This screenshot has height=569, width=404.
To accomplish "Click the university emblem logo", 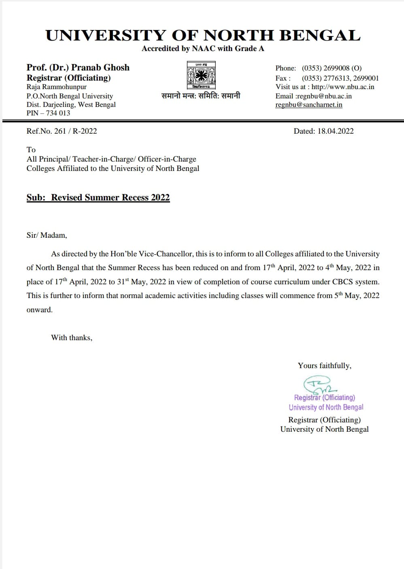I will (201, 75).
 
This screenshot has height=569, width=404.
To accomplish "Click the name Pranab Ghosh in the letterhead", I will (100, 68).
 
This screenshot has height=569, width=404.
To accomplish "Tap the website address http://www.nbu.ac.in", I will (343, 87).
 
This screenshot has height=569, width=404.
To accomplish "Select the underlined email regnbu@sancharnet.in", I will (308, 104).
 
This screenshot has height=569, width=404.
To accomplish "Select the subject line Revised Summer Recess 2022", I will (110, 198).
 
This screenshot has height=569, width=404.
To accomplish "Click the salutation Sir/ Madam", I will (47, 235).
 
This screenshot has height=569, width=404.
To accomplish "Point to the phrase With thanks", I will (71, 337).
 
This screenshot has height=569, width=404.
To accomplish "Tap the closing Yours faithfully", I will (324, 365).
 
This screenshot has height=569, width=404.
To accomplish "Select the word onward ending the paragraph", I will (39, 309).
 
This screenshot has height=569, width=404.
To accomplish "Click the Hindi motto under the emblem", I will (201, 96).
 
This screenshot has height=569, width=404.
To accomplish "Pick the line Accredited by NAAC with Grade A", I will (203, 49).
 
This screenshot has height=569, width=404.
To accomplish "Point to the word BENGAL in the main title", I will (320, 36).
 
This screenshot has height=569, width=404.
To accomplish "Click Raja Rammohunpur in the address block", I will (56, 87).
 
